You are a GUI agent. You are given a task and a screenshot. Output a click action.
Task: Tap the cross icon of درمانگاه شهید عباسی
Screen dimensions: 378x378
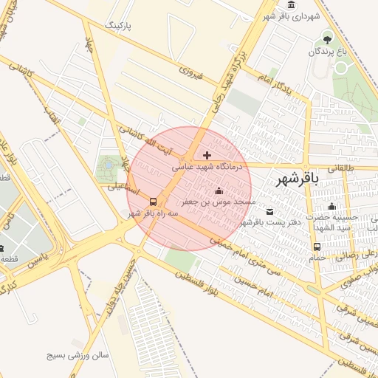[206, 155]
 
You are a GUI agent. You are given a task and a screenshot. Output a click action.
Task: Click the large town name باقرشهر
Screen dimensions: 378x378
[297, 179]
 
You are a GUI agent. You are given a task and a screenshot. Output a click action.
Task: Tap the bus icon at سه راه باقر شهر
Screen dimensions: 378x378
[153, 202]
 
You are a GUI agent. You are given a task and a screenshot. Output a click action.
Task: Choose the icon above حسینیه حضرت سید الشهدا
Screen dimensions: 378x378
[331, 207]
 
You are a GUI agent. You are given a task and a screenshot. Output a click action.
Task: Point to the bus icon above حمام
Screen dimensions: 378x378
[317, 247]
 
